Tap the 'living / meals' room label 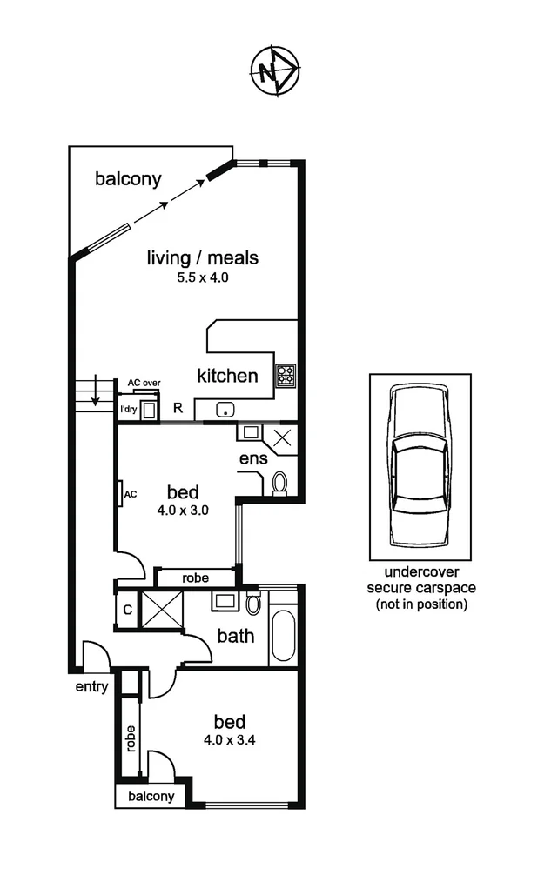coord(202,258)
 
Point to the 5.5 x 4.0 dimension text coord(202,278)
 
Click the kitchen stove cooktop coord(286,376)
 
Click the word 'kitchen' coord(227,376)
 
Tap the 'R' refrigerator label coord(178,407)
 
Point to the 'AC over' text coord(144,382)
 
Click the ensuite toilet coord(280,483)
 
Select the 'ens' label coord(254,458)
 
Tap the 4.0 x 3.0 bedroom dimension coord(182,511)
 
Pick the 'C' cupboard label coord(127,610)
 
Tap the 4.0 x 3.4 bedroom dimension coord(230,741)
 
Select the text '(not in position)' coord(420,604)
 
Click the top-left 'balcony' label coord(128,179)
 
